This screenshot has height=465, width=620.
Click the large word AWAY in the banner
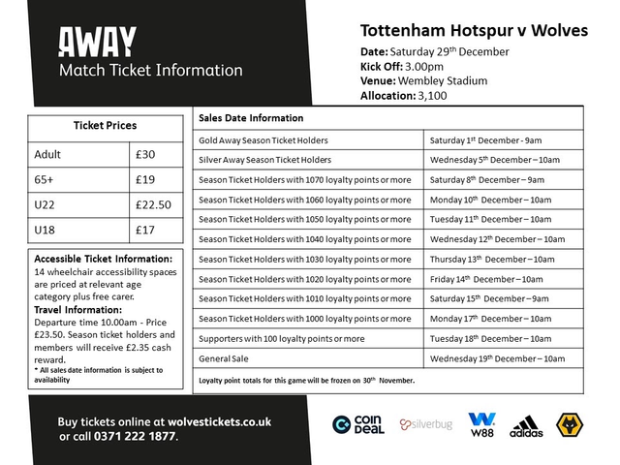97,41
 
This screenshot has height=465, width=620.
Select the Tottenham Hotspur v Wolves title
474,30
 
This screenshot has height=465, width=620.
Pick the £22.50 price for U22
156,204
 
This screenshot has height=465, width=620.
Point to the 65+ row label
47,179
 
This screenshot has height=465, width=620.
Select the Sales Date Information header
251,118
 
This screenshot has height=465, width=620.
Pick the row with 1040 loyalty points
304,238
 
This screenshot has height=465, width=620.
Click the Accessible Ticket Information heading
103,259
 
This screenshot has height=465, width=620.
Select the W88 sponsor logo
481,424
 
